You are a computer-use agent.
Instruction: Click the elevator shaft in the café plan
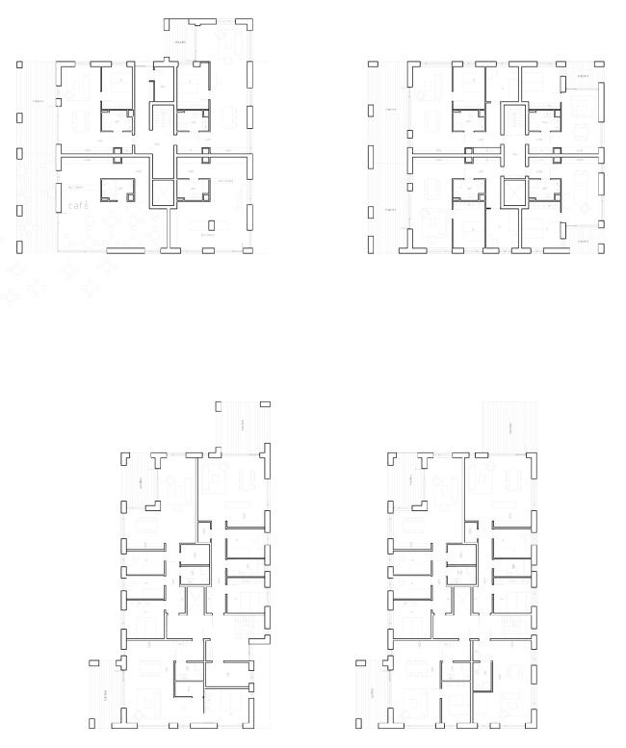point(161,192)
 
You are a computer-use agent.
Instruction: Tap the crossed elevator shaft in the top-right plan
point(514,192)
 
